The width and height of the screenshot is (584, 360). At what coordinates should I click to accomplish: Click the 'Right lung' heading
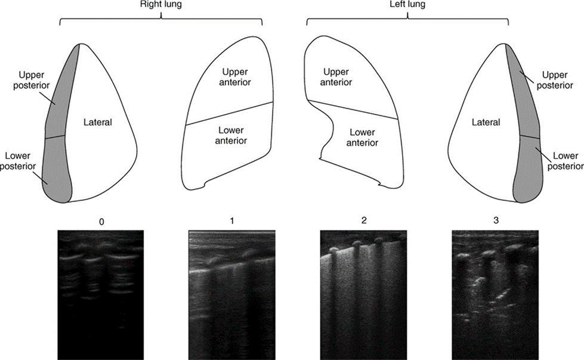click(161, 6)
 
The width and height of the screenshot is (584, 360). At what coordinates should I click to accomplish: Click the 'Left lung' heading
click(407, 6)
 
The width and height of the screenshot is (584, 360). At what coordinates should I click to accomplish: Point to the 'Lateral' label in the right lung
click(98, 122)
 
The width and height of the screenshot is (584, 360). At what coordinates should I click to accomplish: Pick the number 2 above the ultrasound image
click(363, 221)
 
